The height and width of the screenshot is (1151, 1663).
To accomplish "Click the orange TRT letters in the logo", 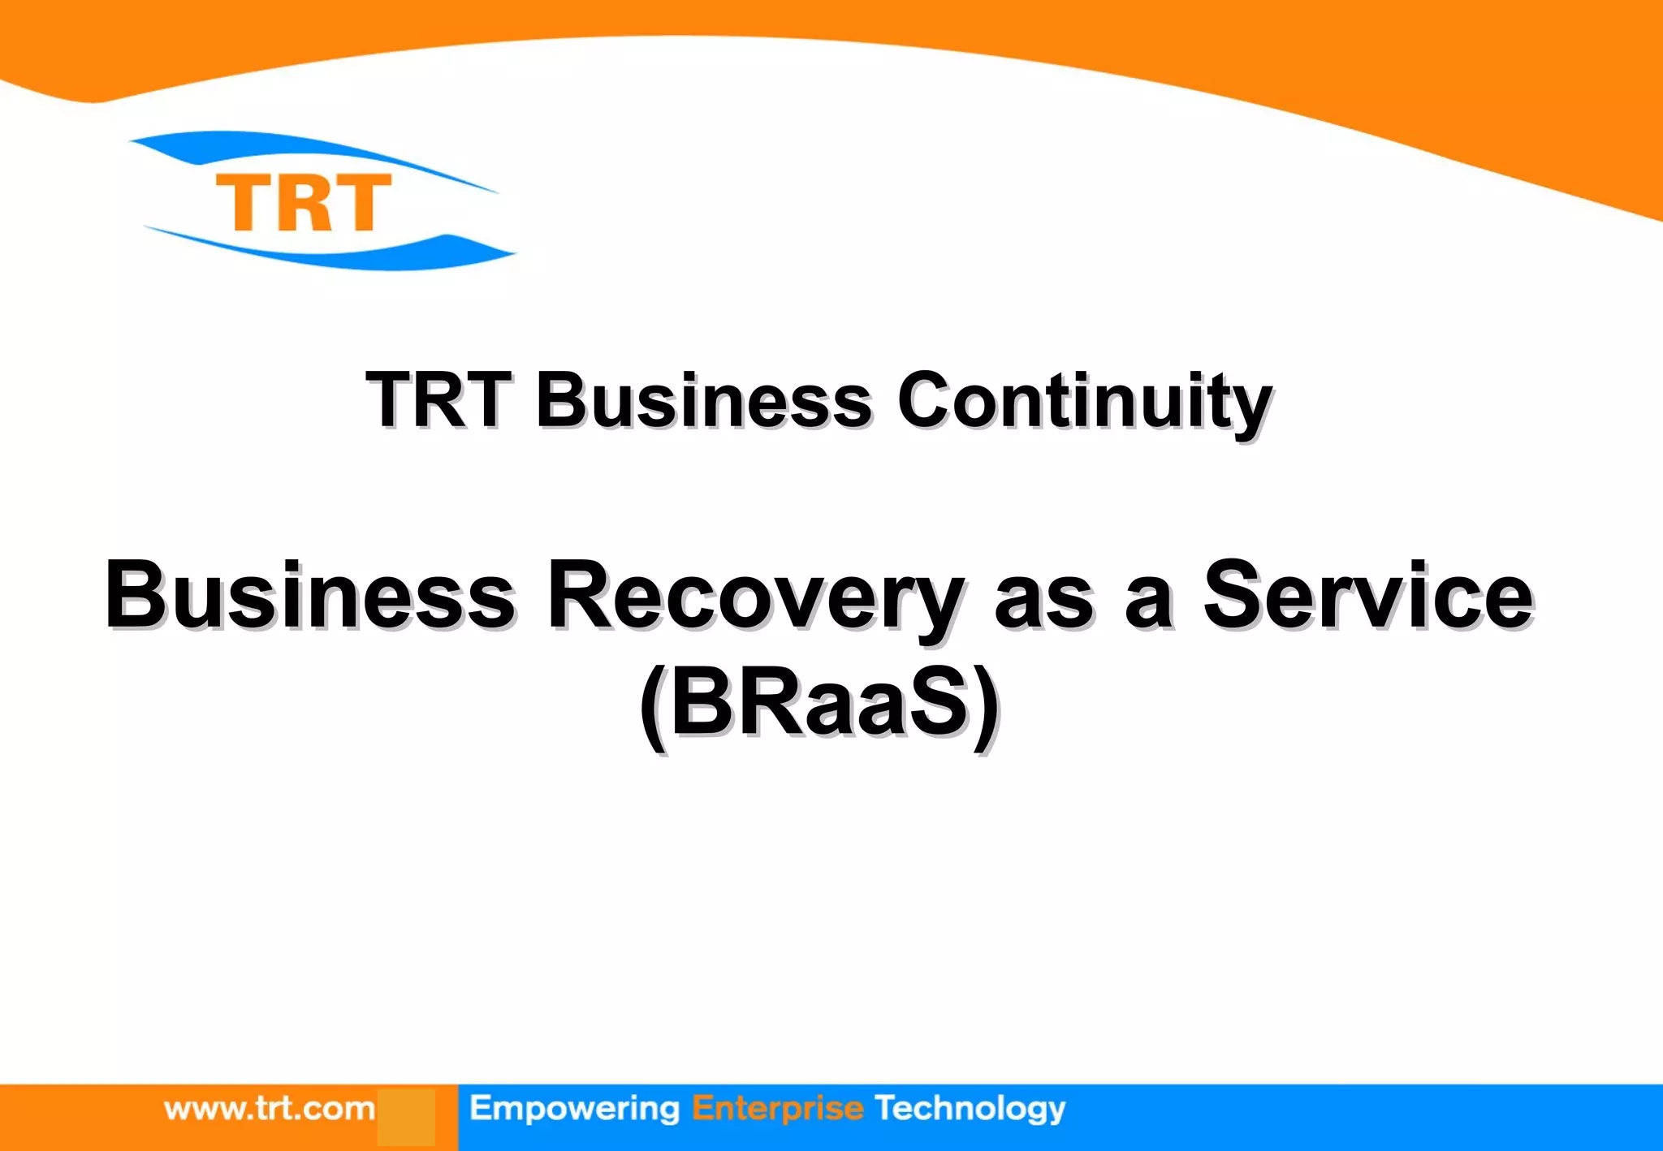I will point(303,202).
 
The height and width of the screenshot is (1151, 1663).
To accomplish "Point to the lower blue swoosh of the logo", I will point(341,253).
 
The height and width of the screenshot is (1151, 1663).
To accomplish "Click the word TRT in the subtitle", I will point(438,400).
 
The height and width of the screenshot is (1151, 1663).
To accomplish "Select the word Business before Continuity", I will point(703,400).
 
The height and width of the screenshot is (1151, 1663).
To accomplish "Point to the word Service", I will point(1367,597).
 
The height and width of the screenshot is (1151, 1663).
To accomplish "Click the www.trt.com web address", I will point(270,1109).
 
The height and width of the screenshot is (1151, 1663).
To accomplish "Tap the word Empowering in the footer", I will point(574,1109).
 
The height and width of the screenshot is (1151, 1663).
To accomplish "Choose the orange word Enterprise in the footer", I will point(777,1109).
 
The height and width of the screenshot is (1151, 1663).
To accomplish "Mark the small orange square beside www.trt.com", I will point(405,1117).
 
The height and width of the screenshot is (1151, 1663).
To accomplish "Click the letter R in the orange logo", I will point(304,203).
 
